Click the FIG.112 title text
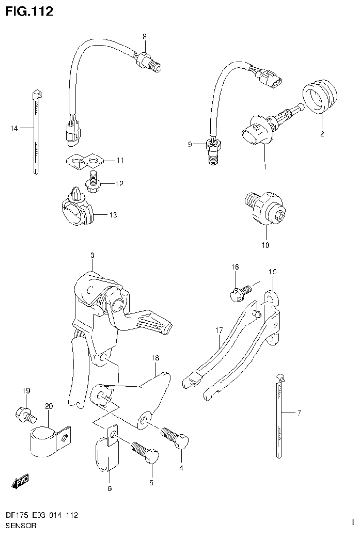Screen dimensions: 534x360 (x=29, y=11)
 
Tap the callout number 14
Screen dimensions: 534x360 (x=14, y=128)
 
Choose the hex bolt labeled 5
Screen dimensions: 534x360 (x=146, y=454)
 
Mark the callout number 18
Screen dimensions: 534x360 (x=155, y=358)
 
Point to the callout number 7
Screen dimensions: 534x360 (x=299, y=413)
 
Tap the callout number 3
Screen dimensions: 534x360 (x=92, y=255)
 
